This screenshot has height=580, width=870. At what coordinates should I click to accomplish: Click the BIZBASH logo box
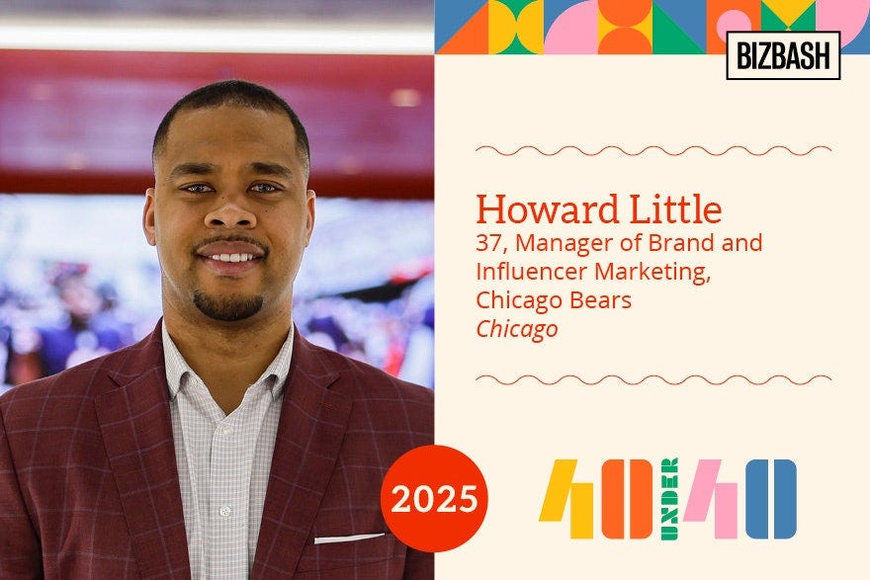coord(783,55)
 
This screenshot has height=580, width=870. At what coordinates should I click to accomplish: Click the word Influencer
coord(535,271)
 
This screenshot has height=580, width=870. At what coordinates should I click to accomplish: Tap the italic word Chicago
coord(516,329)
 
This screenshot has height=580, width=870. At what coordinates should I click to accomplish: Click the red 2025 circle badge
coord(434,498)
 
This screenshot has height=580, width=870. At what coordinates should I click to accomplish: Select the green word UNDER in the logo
coord(669,498)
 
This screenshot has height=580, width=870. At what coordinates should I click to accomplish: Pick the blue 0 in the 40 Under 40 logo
coord(771,498)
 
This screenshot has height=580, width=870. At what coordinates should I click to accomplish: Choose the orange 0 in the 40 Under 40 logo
coord(627,498)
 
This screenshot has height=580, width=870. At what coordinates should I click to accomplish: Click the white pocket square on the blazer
coord(349,539)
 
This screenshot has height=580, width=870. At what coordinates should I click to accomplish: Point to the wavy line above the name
coord(652,150)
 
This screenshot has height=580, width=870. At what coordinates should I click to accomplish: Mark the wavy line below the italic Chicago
coord(652,379)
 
